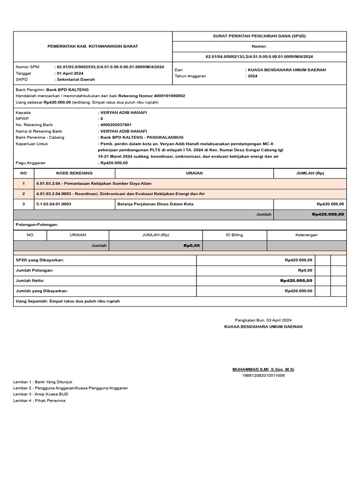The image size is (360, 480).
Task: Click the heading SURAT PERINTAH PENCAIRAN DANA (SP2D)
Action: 260,36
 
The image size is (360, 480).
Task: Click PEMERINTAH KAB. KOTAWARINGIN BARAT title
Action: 93,46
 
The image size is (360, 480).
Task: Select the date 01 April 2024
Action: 70,73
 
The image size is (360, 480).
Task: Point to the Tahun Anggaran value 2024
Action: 253,76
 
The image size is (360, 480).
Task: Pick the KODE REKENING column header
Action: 75,173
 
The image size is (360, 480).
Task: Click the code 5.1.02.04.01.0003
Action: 53,204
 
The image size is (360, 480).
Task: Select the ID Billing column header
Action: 234,235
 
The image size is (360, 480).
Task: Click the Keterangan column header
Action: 307,235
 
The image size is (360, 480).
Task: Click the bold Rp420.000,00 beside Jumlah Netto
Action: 296,280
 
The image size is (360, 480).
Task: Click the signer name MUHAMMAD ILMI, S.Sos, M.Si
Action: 263,369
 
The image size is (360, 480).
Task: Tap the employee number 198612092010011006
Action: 263,375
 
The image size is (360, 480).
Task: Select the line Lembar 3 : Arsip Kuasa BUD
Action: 40,394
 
